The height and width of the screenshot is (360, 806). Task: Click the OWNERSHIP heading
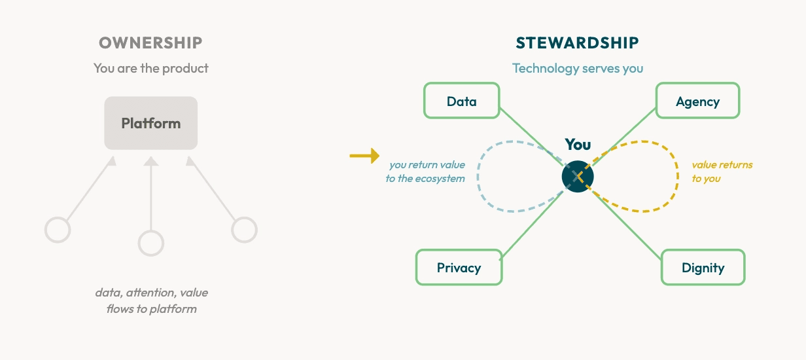[150, 43]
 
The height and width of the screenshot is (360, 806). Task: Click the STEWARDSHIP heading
[577, 43]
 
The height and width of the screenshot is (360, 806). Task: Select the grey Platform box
[150, 123]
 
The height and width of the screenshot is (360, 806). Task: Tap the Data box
[461, 101]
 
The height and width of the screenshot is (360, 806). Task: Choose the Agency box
[697, 101]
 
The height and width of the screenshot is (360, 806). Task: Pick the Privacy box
[459, 267]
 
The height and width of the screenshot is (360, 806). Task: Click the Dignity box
[703, 267]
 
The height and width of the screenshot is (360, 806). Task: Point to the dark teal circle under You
[577, 176]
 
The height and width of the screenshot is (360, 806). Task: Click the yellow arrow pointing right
[364, 155]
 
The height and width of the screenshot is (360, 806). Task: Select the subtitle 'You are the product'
[150, 68]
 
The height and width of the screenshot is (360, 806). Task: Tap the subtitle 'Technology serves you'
[577, 68]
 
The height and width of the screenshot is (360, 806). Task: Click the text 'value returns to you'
[722, 171]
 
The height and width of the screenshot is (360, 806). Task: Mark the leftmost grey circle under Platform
[58, 230]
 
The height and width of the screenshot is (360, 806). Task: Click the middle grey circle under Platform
[150, 243]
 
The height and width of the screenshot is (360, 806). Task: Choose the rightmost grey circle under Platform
[245, 230]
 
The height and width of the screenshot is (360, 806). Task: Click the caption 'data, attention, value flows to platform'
[151, 300]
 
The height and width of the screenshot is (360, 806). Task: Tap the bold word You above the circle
[578, 145]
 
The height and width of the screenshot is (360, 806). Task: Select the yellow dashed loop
[675, 177]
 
